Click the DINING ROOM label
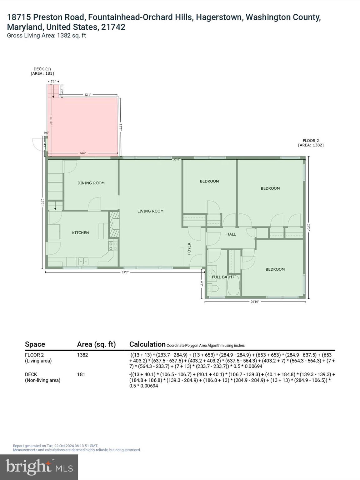pyautogui.click(x=91, y=183)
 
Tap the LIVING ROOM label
pyautogui.click(x=150, y=211)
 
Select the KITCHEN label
pyautogui.click(x=80, y=233)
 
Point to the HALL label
pyautogui.click(x=231, y=234)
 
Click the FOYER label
pyautogui.click(x=189, y=249)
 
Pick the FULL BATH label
pyautogui.click(x=222, y=277)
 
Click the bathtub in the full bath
pyautogui.click(x=233, y=285)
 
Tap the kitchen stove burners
pyautogui.click(x=113, y=246)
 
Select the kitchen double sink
pyautogui.click(x=83, y=261)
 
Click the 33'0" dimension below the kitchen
pyautogui.click(x=125, y=272)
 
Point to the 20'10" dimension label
pyautogui.click(x=255, y=302)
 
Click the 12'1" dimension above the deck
pyautogui.click(x=88, y=95)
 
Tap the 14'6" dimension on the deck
pyautogui.click(x=83, y=153)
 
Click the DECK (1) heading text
pyautogui.click(x=42, y=69)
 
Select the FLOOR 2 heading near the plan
pyautogui.click(x=311, y=141)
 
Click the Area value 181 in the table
pyautogui.click(x=81, y=374)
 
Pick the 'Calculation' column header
pyautogui.click(x=147, y=344)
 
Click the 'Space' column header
pyautogui.click(x=35, y=344)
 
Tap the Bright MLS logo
pyautogui.click(x=39, y=467)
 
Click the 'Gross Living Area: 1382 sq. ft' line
pyautogui.click(x=47, y=36)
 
